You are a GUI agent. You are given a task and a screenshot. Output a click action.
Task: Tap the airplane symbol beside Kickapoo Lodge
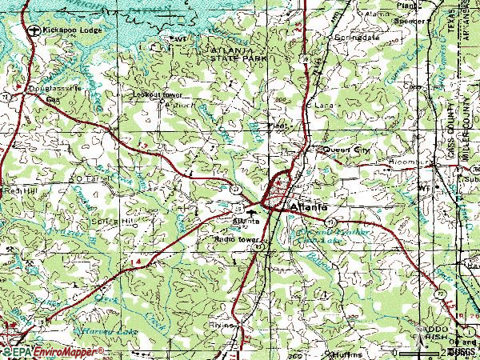33,30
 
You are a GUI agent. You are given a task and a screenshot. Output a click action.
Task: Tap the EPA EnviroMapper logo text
52,351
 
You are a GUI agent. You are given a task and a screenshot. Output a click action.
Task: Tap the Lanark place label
323,104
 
